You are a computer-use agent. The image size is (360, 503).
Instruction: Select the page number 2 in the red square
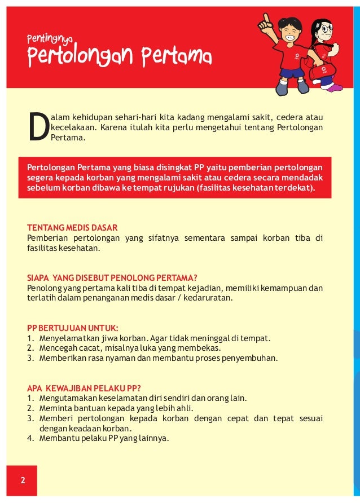point(23,480)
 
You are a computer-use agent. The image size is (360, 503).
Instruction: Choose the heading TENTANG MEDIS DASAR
point(72,228)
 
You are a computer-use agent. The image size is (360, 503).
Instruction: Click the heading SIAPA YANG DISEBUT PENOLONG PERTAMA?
point(112,277)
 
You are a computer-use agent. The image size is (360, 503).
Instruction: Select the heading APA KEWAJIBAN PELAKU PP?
point(84,387)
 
